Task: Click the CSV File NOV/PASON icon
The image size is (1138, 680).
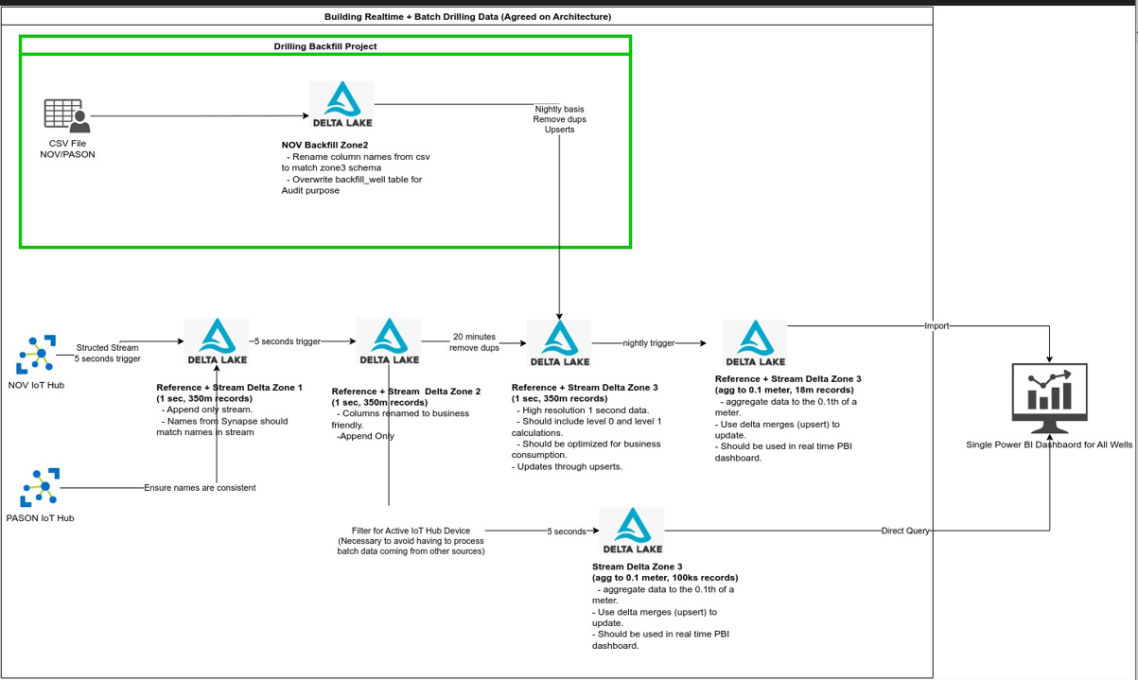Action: click(66, 115)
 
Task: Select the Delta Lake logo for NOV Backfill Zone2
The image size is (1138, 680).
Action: click(341, 104)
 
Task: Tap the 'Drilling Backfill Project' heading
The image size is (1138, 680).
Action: click(324, 45)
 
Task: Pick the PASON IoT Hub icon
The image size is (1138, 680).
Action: click(40, 488)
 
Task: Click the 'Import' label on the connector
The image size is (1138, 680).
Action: click(937, 325)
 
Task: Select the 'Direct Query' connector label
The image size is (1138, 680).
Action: click(904, 532)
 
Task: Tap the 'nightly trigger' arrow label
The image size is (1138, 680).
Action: click(649, 343)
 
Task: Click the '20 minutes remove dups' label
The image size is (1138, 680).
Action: click(474, 342)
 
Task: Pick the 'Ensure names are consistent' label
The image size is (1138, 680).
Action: click(200, 488)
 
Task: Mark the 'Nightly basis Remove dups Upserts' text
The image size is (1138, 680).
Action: click(559, 119)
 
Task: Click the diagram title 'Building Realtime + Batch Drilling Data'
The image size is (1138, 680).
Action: click(467, 17)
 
